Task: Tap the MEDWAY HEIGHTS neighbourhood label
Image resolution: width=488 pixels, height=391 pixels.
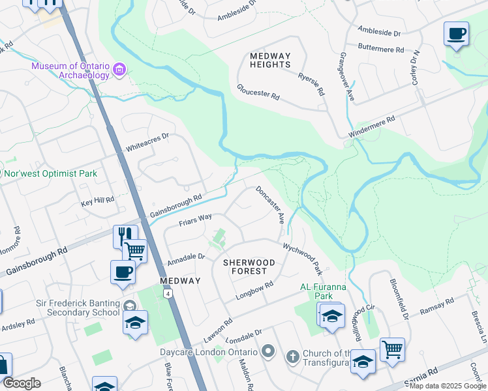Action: (x=270, y=60)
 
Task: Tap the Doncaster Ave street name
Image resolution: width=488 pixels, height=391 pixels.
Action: (x=271, y=205)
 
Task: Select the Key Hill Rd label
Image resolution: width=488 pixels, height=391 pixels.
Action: (x=98, y=199)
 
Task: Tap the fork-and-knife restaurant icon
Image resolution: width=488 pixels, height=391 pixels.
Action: (x=125, y=235)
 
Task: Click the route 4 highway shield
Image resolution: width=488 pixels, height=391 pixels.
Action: (x=168, y=295)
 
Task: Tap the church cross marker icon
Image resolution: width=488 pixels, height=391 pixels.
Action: (x=293, y=356)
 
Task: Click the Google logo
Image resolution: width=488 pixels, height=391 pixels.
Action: (x=22, y=383)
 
